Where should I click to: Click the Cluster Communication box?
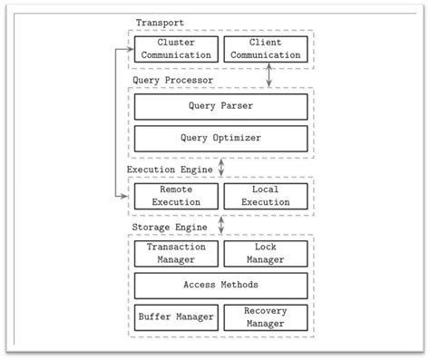tap(177, 49)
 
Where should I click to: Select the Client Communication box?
tap(265, 49)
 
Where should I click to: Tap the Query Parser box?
tap(220, 106)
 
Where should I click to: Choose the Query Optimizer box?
tap(220, 139)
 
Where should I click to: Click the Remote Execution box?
tap(177, 197)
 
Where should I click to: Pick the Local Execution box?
tap(265, 197)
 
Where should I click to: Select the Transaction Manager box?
tap(177, 254)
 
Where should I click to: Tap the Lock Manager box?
tap(265, 254)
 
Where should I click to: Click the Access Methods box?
tap(220, 286)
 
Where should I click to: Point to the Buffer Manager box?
tap(177, 317)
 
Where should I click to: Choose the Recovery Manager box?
tap(265, 317)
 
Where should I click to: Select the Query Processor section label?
tap(172, 80)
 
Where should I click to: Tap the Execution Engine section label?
tap(170, 169)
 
